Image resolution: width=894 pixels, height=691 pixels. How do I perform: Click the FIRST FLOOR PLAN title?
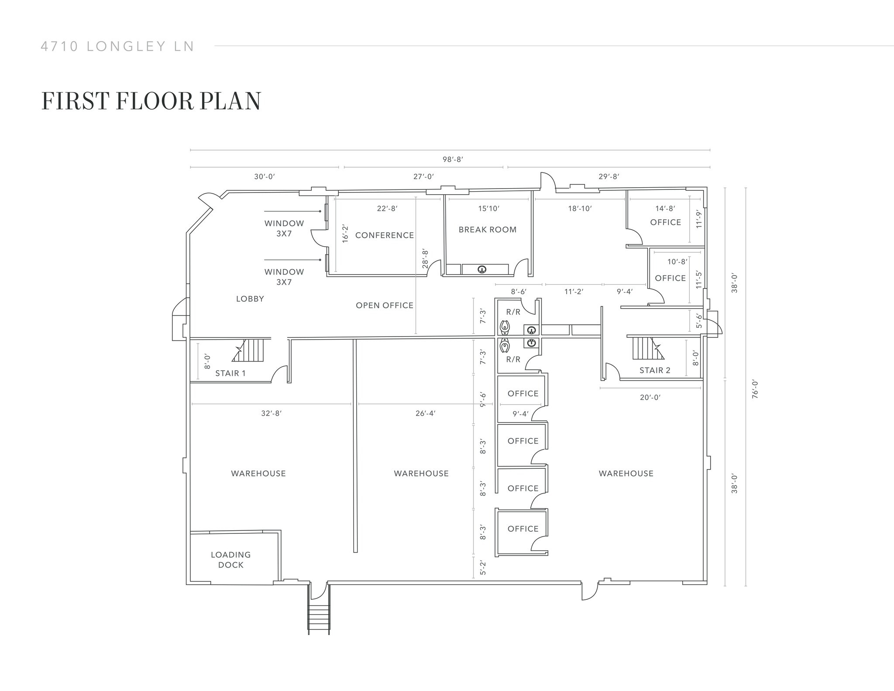[x=151, y=101]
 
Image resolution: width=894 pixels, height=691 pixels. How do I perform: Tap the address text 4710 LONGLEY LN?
[x=117, y=46]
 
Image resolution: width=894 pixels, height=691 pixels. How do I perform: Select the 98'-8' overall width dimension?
[x=453, y=159]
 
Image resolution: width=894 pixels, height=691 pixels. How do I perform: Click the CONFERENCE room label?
[x=384, y=235]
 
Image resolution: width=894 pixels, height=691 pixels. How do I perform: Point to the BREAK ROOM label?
[x=487, y=230]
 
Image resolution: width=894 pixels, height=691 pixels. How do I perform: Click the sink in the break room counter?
[x=482, y=269]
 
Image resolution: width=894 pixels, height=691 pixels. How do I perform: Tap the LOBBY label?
[x=250, y=299]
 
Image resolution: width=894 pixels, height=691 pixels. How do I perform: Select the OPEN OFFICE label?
[x=384, y=306]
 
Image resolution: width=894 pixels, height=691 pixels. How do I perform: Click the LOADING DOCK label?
[x=230, y=560]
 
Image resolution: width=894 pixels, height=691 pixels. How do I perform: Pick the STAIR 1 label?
[x=230, y=373]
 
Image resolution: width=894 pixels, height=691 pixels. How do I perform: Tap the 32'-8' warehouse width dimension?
[x=271, y=413]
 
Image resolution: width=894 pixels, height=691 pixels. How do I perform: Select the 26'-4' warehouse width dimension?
[x=425, y=413]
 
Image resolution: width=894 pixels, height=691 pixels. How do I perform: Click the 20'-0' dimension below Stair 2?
[x=650, y=397]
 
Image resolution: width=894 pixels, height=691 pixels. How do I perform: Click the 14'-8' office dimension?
[x=665, y=209]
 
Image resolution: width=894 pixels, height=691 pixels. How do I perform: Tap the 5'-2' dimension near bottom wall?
[x=483, y=567]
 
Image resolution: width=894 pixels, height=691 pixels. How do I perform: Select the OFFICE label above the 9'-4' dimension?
[x=523, y=393]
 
